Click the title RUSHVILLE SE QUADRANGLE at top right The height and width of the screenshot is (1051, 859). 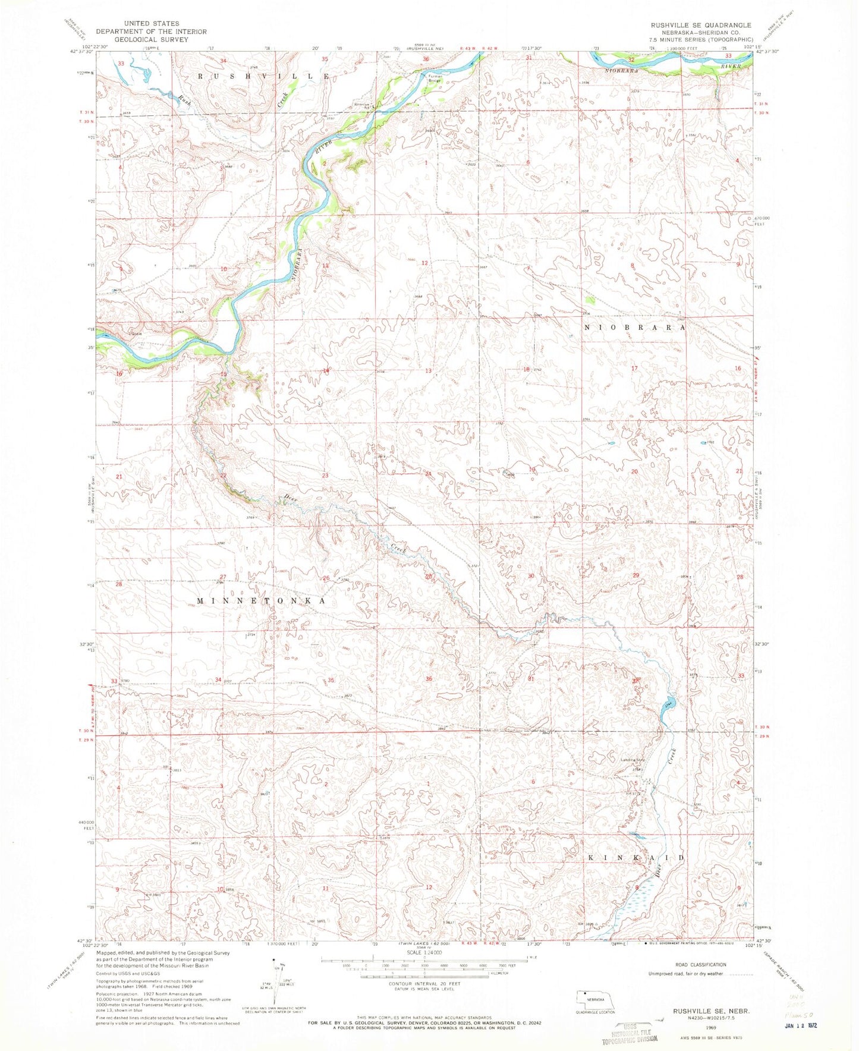click(700, 25)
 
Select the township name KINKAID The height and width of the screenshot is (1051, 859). click(636, 858)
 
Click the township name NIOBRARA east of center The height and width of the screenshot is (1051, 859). click(635, 328)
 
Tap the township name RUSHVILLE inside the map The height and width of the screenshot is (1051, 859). click(262, 77)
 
